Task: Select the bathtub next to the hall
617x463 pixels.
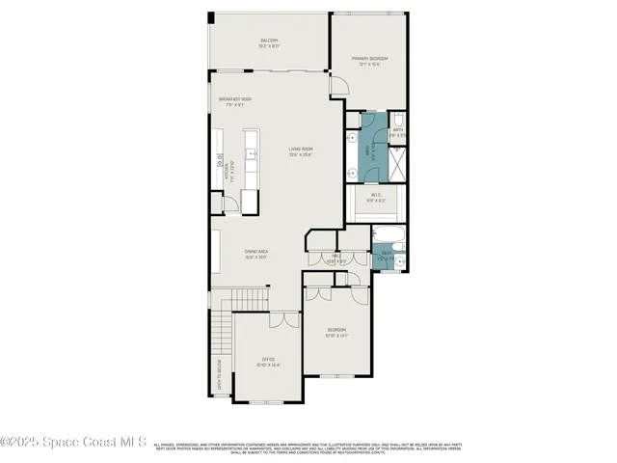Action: [x=388, y=234]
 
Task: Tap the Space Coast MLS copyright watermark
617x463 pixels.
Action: [x=72, y=443]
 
